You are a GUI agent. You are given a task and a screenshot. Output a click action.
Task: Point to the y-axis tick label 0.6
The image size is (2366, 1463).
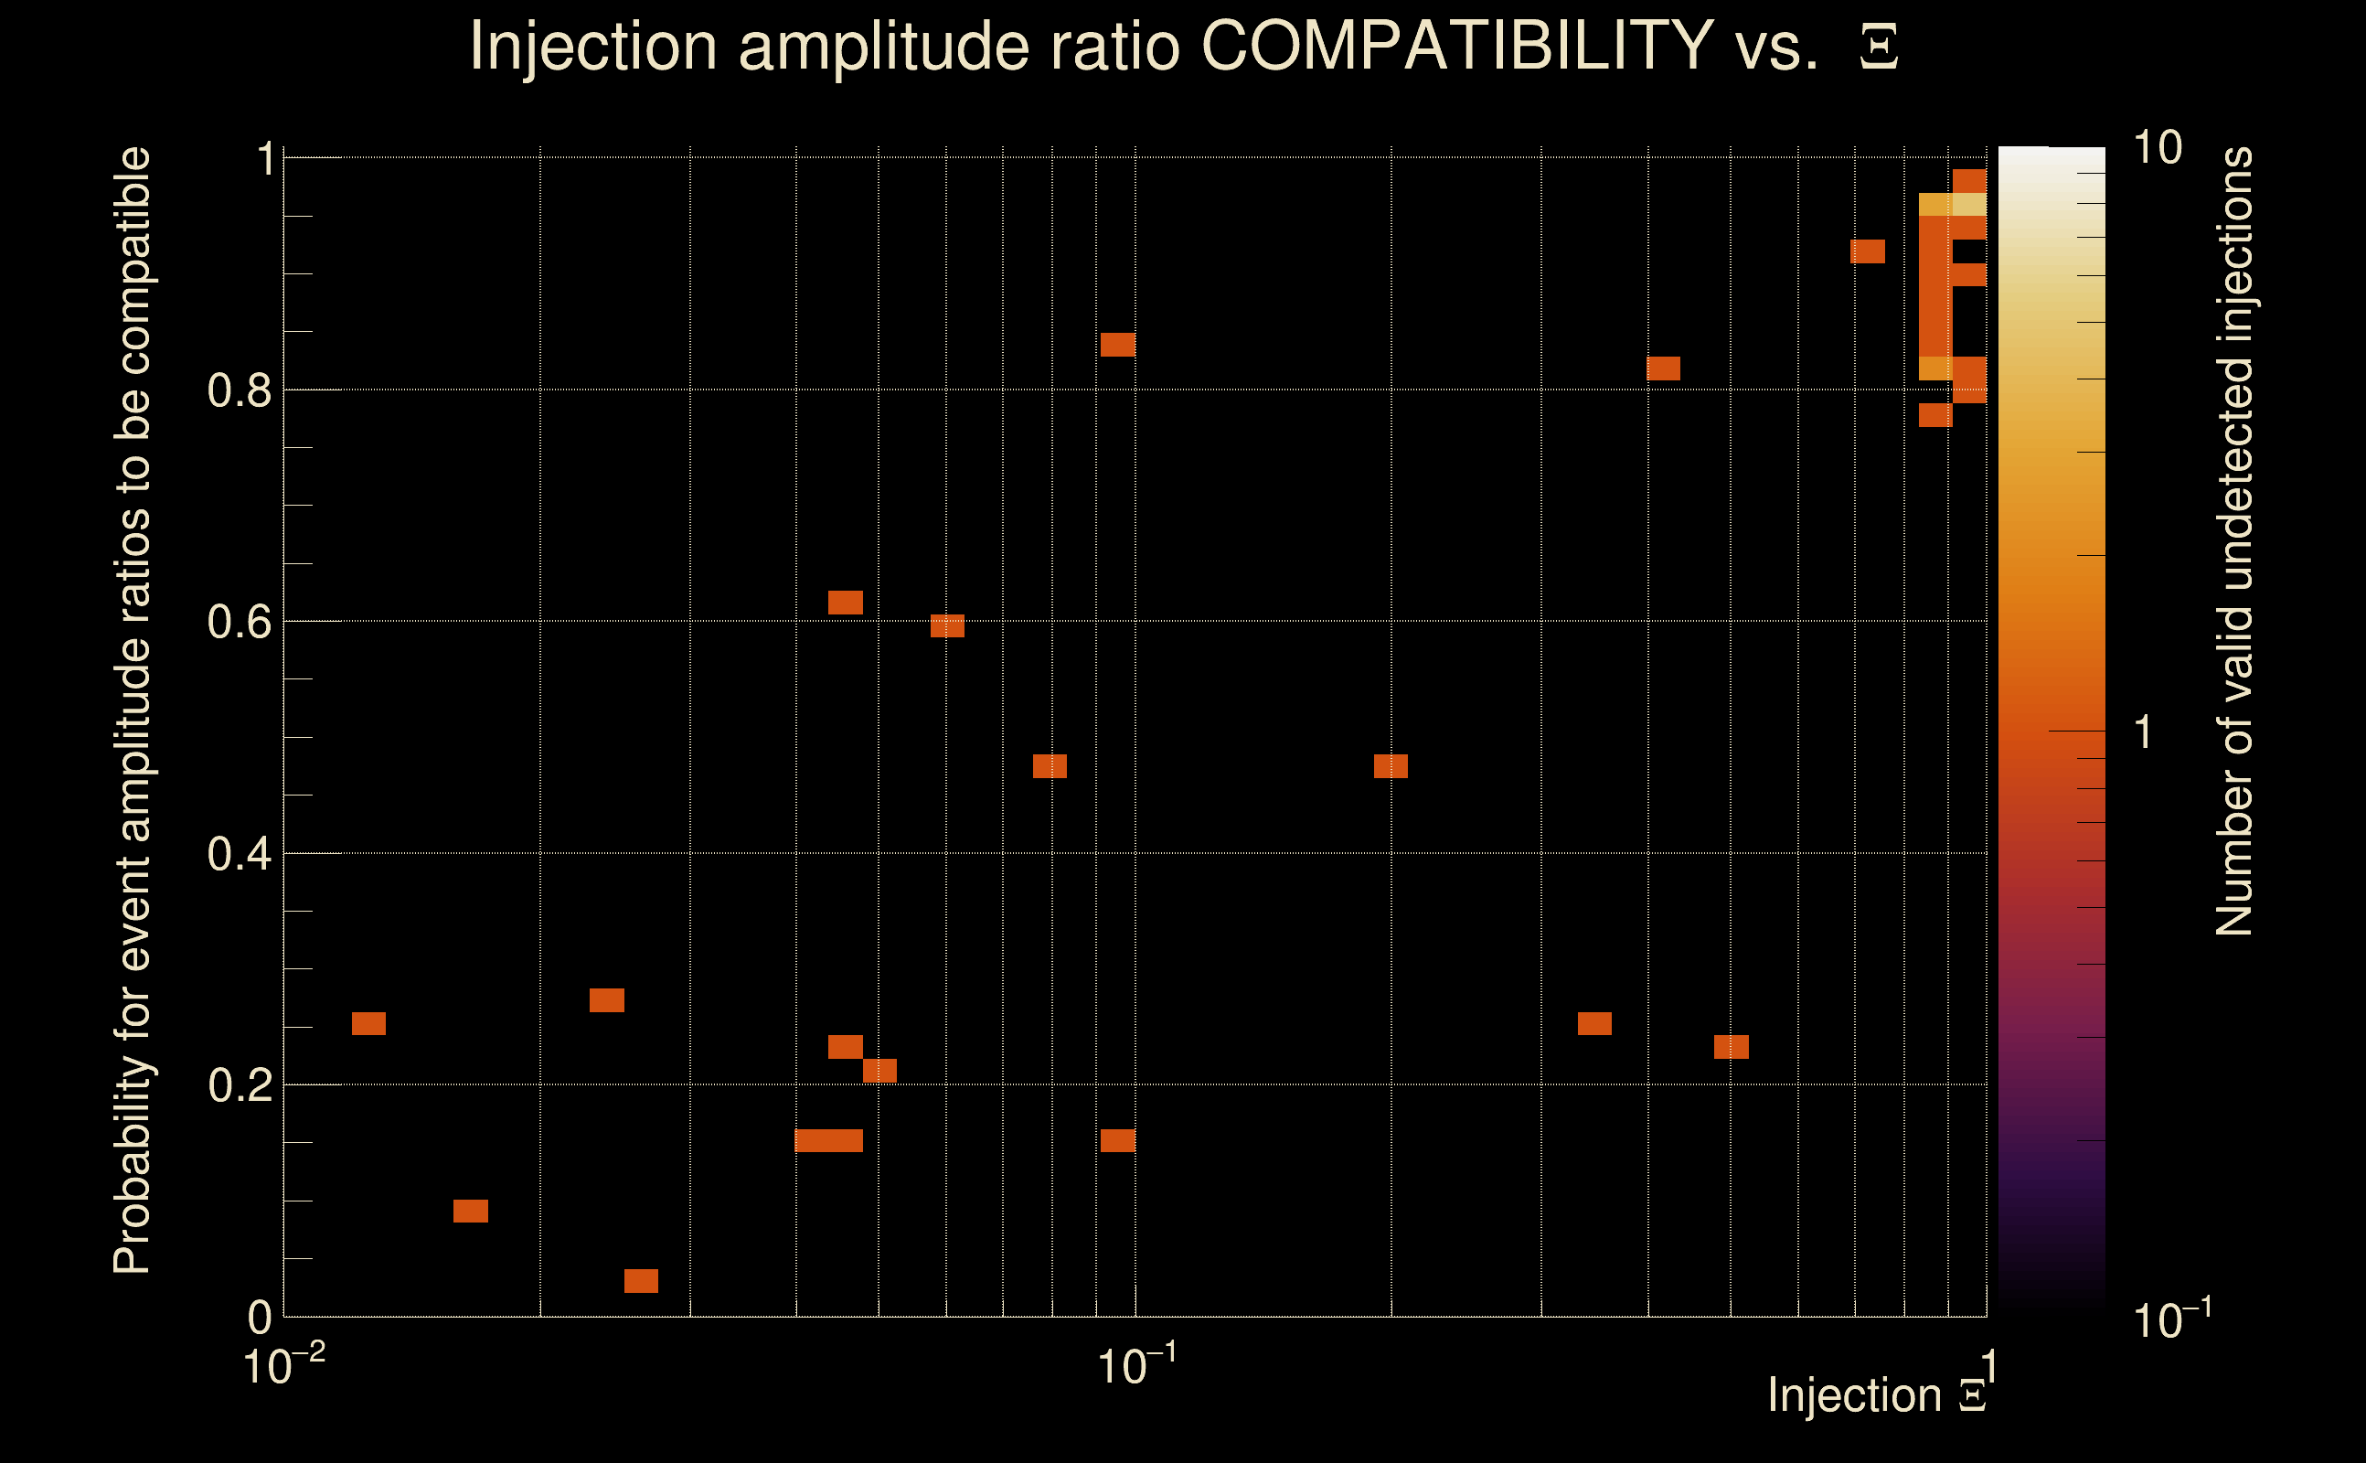(x=240, y=621)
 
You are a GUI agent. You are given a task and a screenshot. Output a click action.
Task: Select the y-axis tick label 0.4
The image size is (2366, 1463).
(x=240, y=853)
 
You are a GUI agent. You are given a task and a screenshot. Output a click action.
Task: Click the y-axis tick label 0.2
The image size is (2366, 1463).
(x=240, y=1084)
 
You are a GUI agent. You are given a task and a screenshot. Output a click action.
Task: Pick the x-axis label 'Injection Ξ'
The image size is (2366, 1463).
(x=1877, y=1395)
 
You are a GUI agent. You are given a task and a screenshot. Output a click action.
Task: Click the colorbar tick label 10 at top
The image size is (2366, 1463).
(x=2157, y=148)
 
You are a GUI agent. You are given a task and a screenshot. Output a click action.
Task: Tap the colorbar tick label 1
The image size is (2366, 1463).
(x=2144, y=731)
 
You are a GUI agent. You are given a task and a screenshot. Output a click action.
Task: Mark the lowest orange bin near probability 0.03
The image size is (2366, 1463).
(x=641, y=1281)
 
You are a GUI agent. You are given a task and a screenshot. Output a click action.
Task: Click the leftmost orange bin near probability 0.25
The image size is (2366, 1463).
(x=368, y=1024)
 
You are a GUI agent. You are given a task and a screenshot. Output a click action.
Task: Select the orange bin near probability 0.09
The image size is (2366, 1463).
(x=471, y=1212)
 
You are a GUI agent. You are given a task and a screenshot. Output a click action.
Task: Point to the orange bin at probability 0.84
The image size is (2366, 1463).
(x=1118, y=345)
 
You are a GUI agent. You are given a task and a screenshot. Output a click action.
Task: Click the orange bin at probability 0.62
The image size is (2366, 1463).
(x=846, y=602)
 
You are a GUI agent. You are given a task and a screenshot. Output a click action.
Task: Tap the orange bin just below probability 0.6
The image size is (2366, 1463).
(x=947, y=626)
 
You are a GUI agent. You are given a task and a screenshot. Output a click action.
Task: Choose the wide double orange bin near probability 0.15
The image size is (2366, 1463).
(x=829, y=1141)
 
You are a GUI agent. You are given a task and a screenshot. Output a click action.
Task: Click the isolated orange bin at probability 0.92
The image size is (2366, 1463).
(x=1868, y=251)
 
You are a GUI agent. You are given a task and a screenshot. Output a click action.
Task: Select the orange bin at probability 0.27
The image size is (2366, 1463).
(x=606, y=999)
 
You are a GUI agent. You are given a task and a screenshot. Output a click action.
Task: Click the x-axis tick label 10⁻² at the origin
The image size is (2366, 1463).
(x=283, y=1366)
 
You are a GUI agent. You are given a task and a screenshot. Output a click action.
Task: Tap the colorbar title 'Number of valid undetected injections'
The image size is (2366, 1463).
(x=2233, y=542)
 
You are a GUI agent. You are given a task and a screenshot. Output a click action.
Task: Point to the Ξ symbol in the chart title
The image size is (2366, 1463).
(x=1880, y=48)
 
